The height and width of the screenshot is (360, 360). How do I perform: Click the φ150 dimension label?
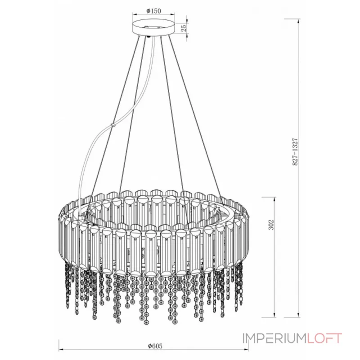point(154,11)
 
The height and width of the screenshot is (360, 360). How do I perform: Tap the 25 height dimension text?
point(183,28)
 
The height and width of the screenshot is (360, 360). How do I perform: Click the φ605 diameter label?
point(154,346)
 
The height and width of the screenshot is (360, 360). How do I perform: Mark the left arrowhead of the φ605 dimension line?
point(61,349)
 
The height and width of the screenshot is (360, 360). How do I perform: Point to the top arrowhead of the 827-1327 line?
point(299,21)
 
